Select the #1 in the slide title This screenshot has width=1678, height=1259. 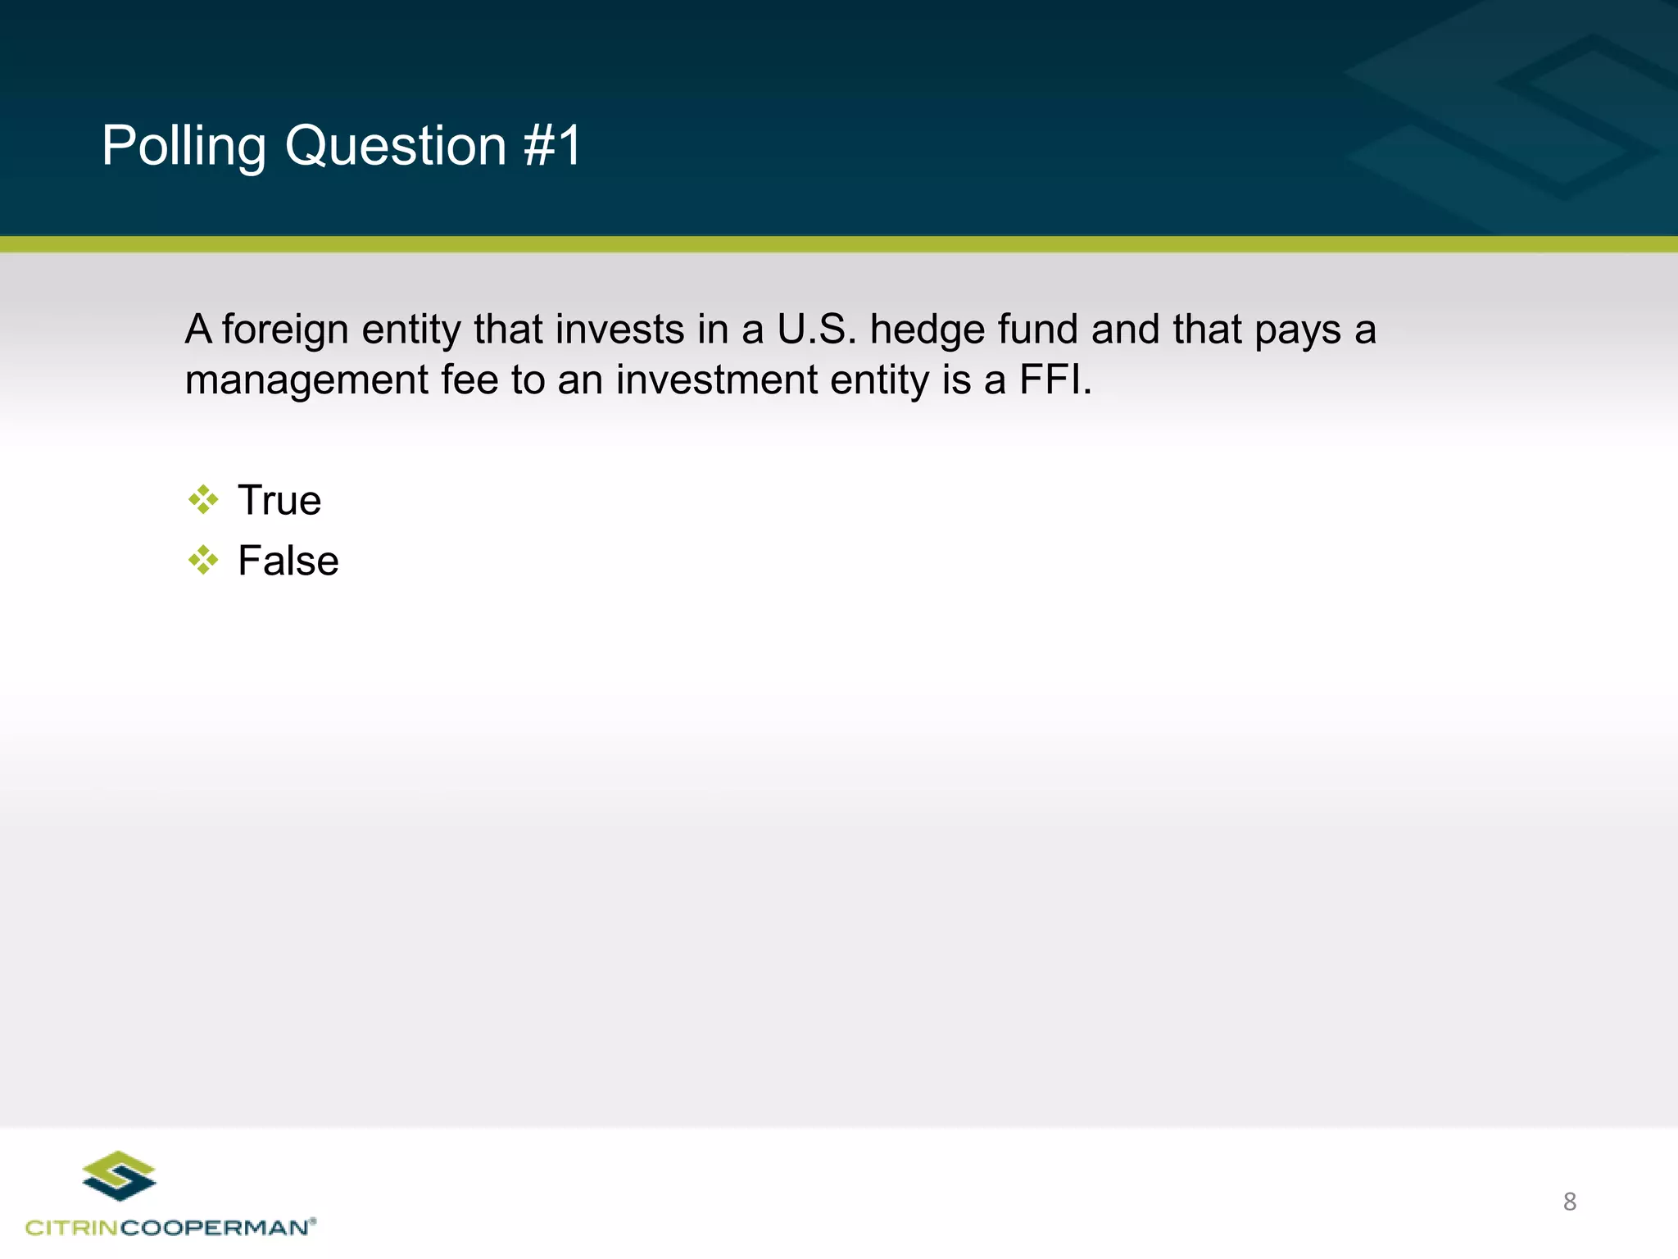552,146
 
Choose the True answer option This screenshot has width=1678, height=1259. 279,500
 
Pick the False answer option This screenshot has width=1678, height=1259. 288,561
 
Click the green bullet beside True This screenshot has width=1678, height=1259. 203,499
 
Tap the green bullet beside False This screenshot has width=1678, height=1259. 203,561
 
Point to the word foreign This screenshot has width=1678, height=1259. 285,330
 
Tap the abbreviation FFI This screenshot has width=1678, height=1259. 1054,380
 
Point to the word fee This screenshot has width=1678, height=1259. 469,380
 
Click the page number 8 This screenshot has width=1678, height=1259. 1569,1202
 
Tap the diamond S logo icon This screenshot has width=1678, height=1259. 120,1175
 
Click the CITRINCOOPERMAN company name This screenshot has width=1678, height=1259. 170,1227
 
